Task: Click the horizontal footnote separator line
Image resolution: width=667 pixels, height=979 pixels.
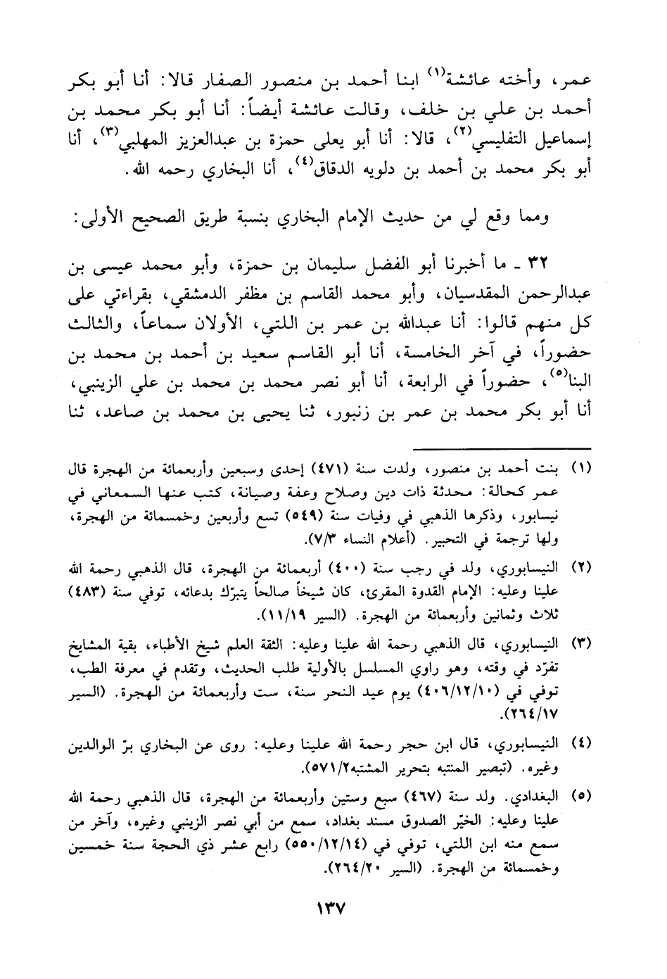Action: [499, 447]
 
